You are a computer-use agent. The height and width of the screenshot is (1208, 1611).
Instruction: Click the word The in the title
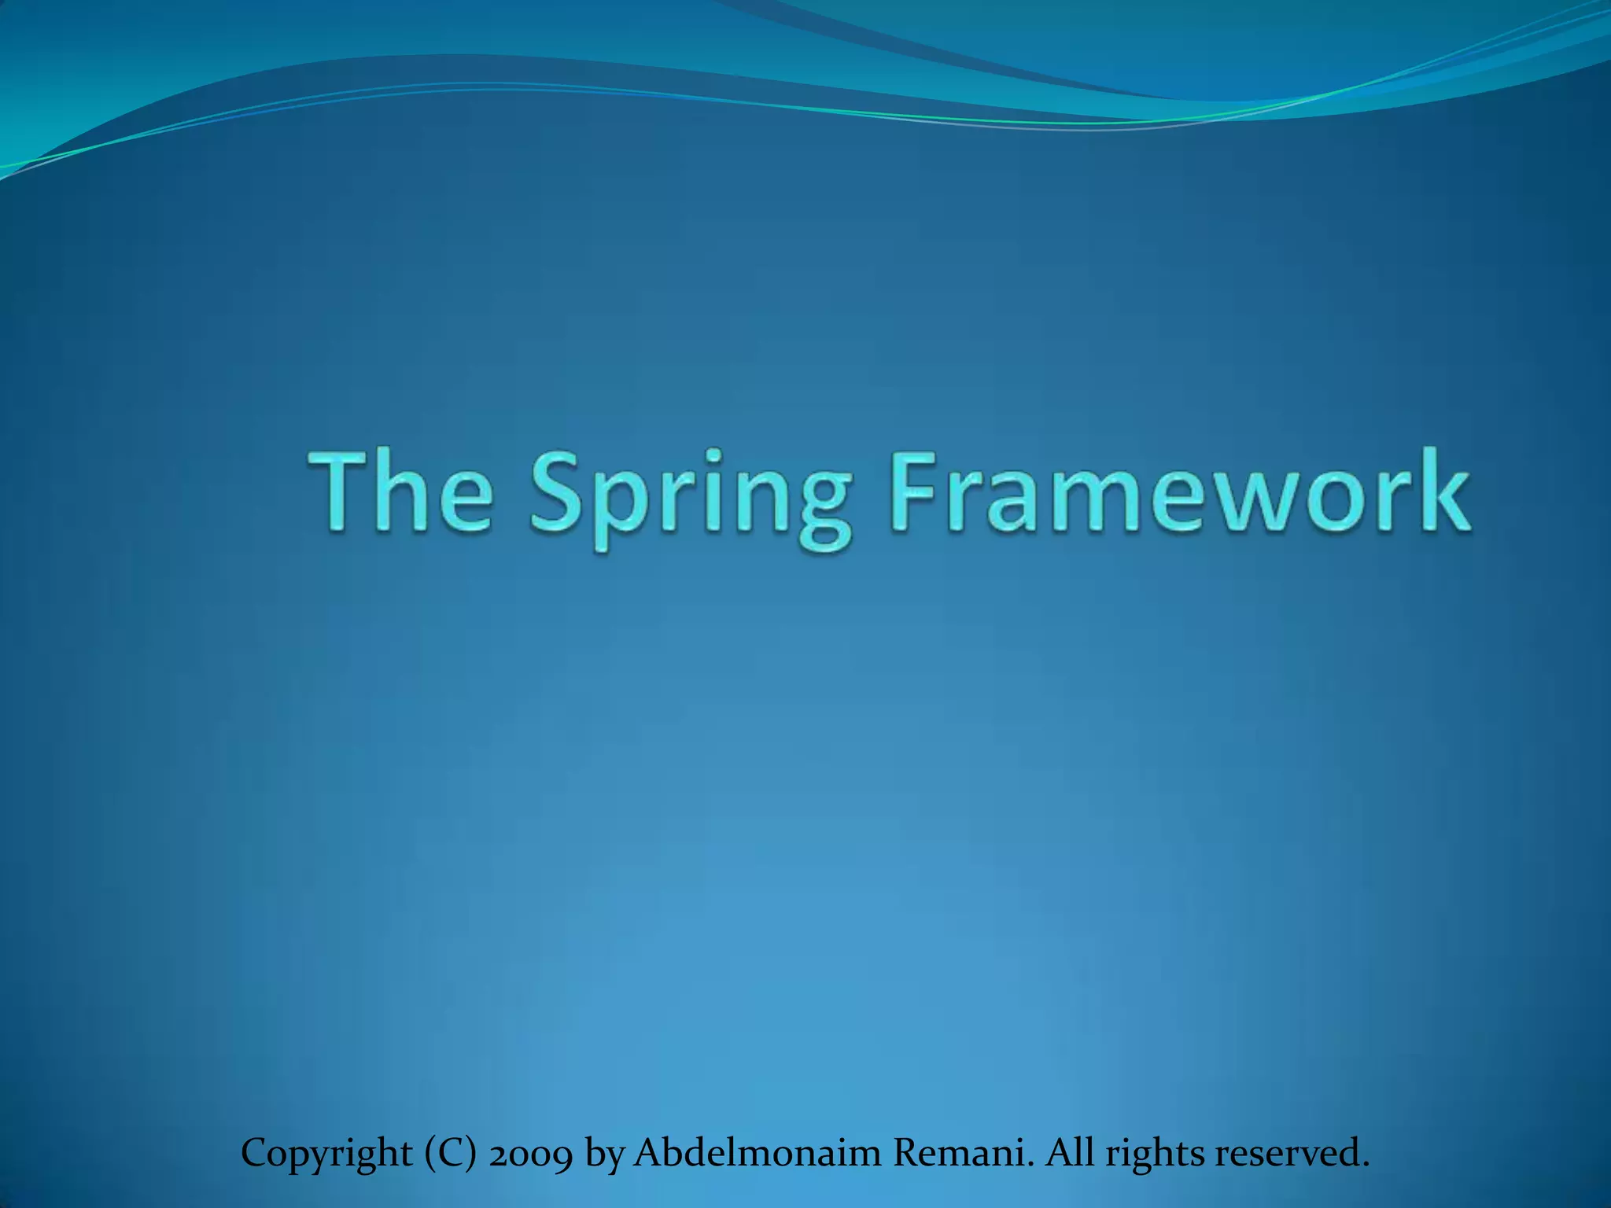point(402,492)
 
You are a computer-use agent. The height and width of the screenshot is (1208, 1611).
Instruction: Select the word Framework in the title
point(1179,492)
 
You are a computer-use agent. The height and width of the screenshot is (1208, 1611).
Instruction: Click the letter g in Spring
point(824,508)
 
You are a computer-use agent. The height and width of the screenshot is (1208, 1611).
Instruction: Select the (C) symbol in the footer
point(450,1154)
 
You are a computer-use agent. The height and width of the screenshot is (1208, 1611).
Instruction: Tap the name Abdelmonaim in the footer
point(756,1153)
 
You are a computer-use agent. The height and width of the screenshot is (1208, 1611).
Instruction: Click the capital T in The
point(339,492)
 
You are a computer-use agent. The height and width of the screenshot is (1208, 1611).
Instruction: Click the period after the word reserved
point(1365,1165)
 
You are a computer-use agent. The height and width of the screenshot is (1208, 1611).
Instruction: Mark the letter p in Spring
point(621,508)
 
